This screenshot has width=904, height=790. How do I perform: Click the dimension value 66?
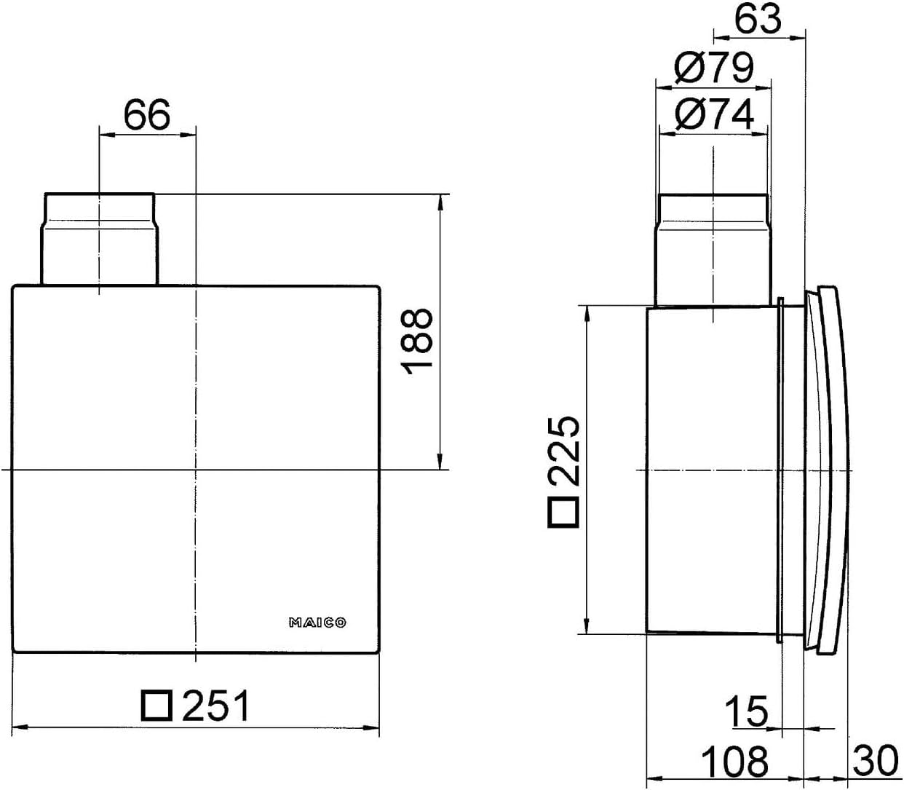147,114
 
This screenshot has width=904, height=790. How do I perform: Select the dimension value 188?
416,341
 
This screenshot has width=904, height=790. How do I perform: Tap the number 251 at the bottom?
216,706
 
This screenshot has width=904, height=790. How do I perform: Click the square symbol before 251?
156,706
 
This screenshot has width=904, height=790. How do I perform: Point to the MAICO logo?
317,623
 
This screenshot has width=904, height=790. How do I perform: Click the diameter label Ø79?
714,68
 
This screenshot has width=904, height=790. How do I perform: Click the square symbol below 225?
563,512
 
